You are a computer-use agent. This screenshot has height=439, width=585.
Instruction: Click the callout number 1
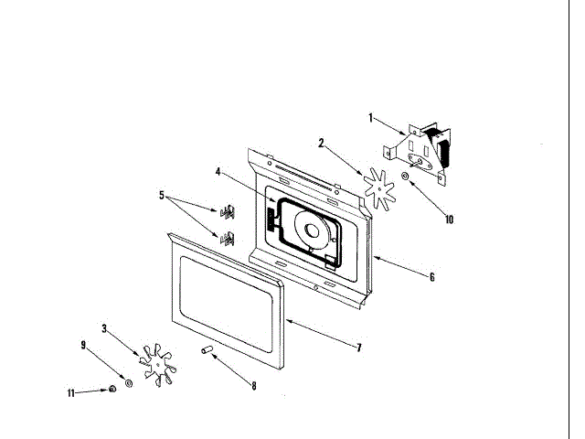[x=370, y=118]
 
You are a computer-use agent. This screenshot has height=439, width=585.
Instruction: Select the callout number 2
[x=322, y=143]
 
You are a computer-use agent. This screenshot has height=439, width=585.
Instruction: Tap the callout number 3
[x=104, y=327]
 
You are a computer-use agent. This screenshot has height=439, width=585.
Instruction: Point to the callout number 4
[x=218, y=171]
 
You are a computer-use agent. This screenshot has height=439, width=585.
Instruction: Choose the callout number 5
[x=162, y=195]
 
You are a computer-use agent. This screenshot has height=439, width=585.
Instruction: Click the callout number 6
[x=431, y=277]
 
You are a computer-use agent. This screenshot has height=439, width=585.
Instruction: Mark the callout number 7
[x=359, y=348]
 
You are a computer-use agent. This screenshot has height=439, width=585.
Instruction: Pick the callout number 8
[x=254, y=386]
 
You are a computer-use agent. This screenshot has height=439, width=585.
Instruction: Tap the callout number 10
[x=449, y=219]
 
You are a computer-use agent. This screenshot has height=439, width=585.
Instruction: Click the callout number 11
[x=70, y=392]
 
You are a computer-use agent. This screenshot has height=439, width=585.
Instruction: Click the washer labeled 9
[x=128, y=380]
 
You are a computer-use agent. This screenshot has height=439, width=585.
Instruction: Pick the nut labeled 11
[x=112, y=390]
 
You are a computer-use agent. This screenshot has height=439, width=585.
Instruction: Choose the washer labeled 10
[x=405, y=174]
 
